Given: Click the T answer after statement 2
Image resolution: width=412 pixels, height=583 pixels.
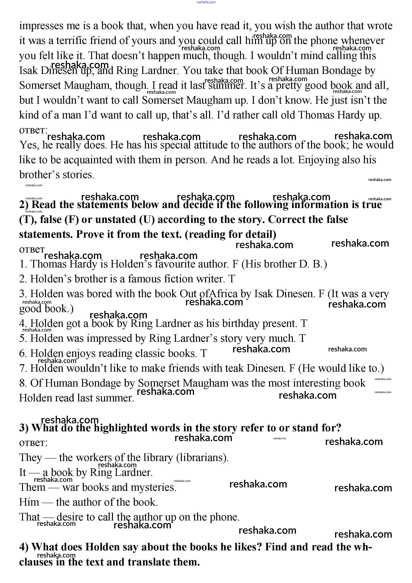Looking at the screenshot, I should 231,279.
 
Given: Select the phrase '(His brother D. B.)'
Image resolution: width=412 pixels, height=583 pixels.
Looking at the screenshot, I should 284,264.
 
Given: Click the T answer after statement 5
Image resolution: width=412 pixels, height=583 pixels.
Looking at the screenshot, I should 302,338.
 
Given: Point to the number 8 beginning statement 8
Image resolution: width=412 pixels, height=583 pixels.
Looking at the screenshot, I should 23,383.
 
